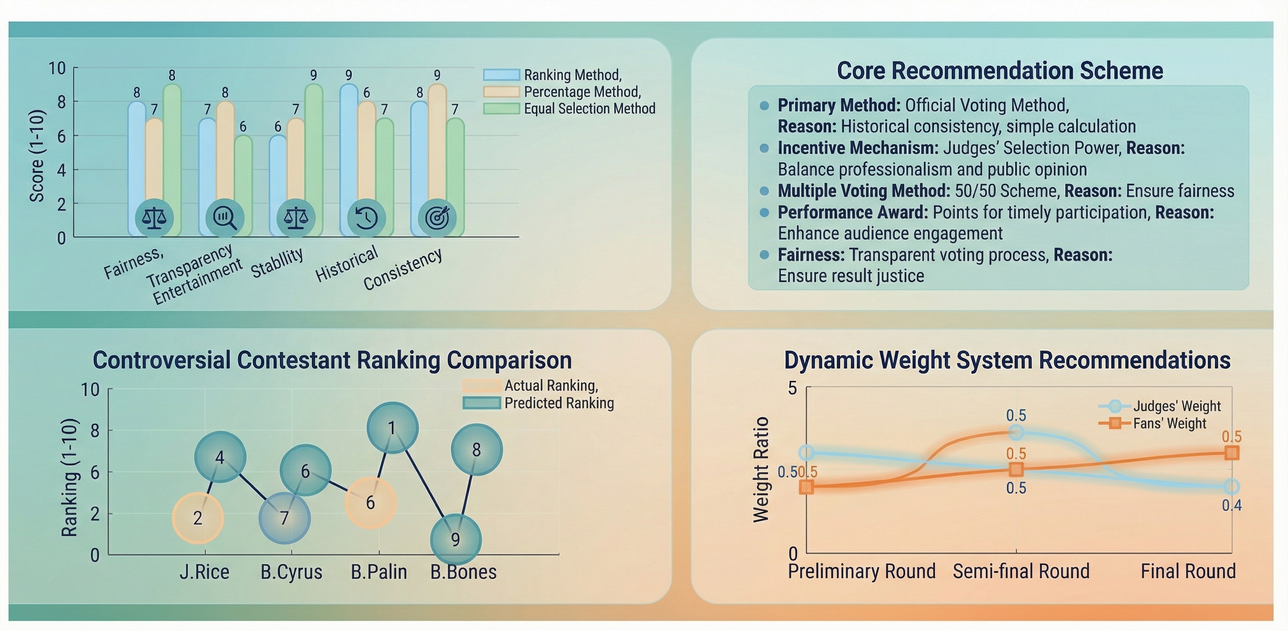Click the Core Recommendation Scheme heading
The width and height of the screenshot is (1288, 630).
point(1000,70)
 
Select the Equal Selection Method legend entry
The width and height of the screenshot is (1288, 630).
point(570,108)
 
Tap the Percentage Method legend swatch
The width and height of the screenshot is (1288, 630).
point(501,91)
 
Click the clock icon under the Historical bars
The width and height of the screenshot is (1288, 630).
point(366,218)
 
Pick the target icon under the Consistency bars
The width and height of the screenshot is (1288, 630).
point(437,218)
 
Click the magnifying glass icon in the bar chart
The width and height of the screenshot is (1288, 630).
point(225,218)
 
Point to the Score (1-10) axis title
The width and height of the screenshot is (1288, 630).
point(38,155)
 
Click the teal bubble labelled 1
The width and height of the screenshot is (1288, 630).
point(392,428)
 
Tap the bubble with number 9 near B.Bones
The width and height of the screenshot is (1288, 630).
point(455,539)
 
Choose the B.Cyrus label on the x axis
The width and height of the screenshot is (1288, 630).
point(291,572)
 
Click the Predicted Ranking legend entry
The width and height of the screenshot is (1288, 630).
point(539,403)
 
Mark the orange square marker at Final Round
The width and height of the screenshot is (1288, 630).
point(1232,453)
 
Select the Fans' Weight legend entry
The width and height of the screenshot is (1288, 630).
point(1152,423)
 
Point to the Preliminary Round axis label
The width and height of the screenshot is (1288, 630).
point(862,571)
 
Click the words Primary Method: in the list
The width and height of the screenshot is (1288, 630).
point(839,105)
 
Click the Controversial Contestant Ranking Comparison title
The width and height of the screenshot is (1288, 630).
point(332,360)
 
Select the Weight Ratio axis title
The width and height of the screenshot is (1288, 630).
point(760,469)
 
